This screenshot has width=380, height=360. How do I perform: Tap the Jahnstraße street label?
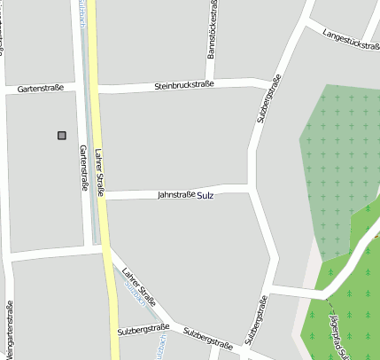pos(175,194)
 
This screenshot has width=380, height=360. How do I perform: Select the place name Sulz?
pos(206,194)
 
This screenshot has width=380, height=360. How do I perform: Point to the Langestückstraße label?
pos(352,40)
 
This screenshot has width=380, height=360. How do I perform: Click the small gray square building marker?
pos(62,135)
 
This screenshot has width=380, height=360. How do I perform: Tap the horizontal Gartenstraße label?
pos(42,88)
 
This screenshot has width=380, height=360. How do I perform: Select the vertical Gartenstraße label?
pos(84,169)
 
